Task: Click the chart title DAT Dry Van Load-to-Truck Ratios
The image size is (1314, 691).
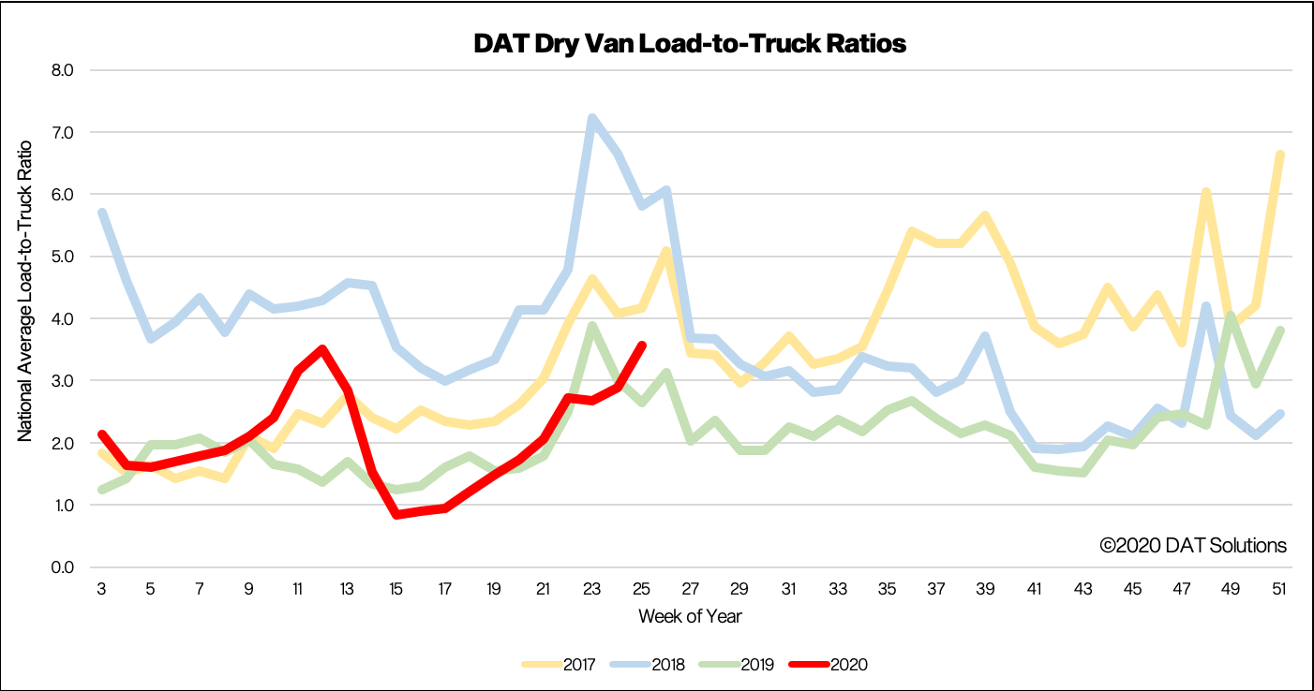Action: pos(691,43)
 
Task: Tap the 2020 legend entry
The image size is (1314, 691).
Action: pos(827,665)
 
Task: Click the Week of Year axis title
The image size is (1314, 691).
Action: pos(691,616)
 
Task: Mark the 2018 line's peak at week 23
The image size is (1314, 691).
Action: pos(591,119)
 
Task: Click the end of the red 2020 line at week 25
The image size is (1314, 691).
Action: pos(641,345)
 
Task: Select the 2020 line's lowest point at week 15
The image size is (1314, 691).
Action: pos(396,515)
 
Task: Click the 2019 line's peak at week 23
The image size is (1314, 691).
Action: pos(591,326)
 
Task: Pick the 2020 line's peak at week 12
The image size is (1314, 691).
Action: pos(322,349)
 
